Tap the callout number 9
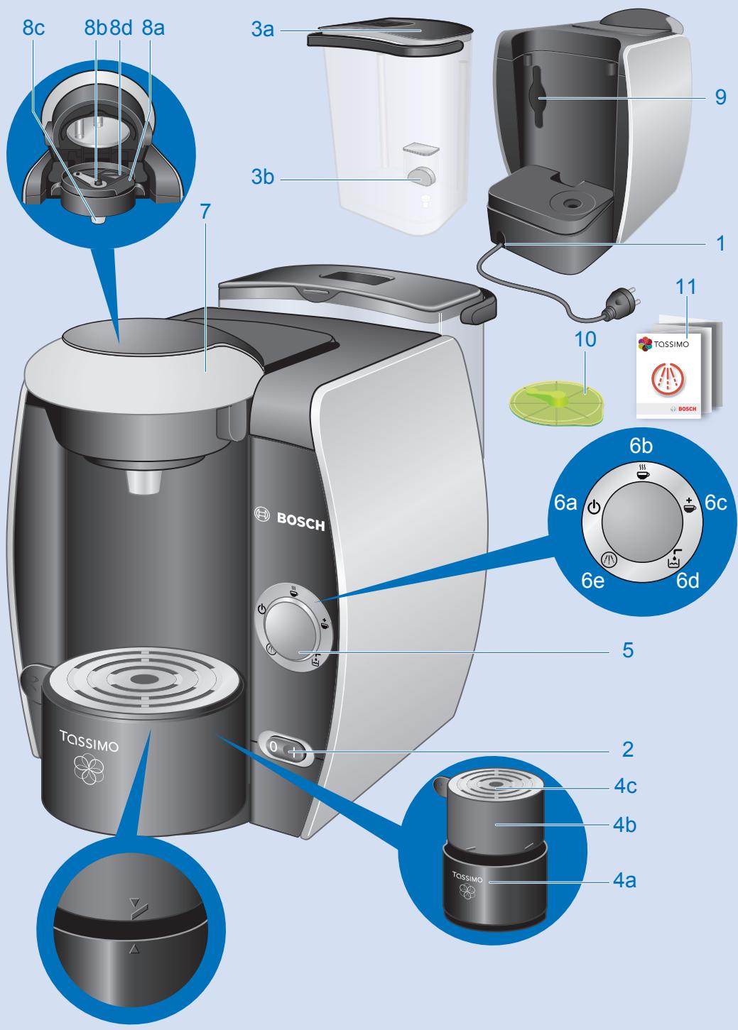coord(721,97)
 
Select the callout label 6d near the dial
coord(688,580)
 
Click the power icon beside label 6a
coord(595,508)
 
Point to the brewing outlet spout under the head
coord(145,482)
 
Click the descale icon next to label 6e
coord(608,559)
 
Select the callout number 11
coord(687,288)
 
